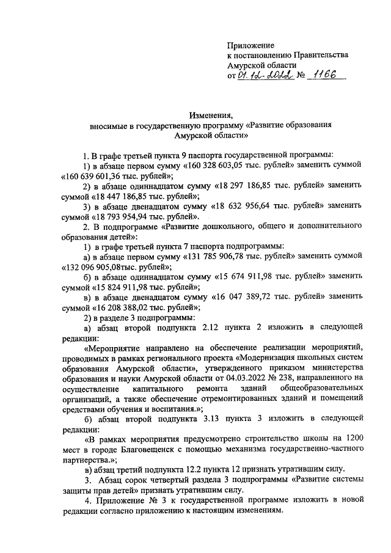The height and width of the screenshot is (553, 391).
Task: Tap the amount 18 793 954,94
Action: point(128,217)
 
